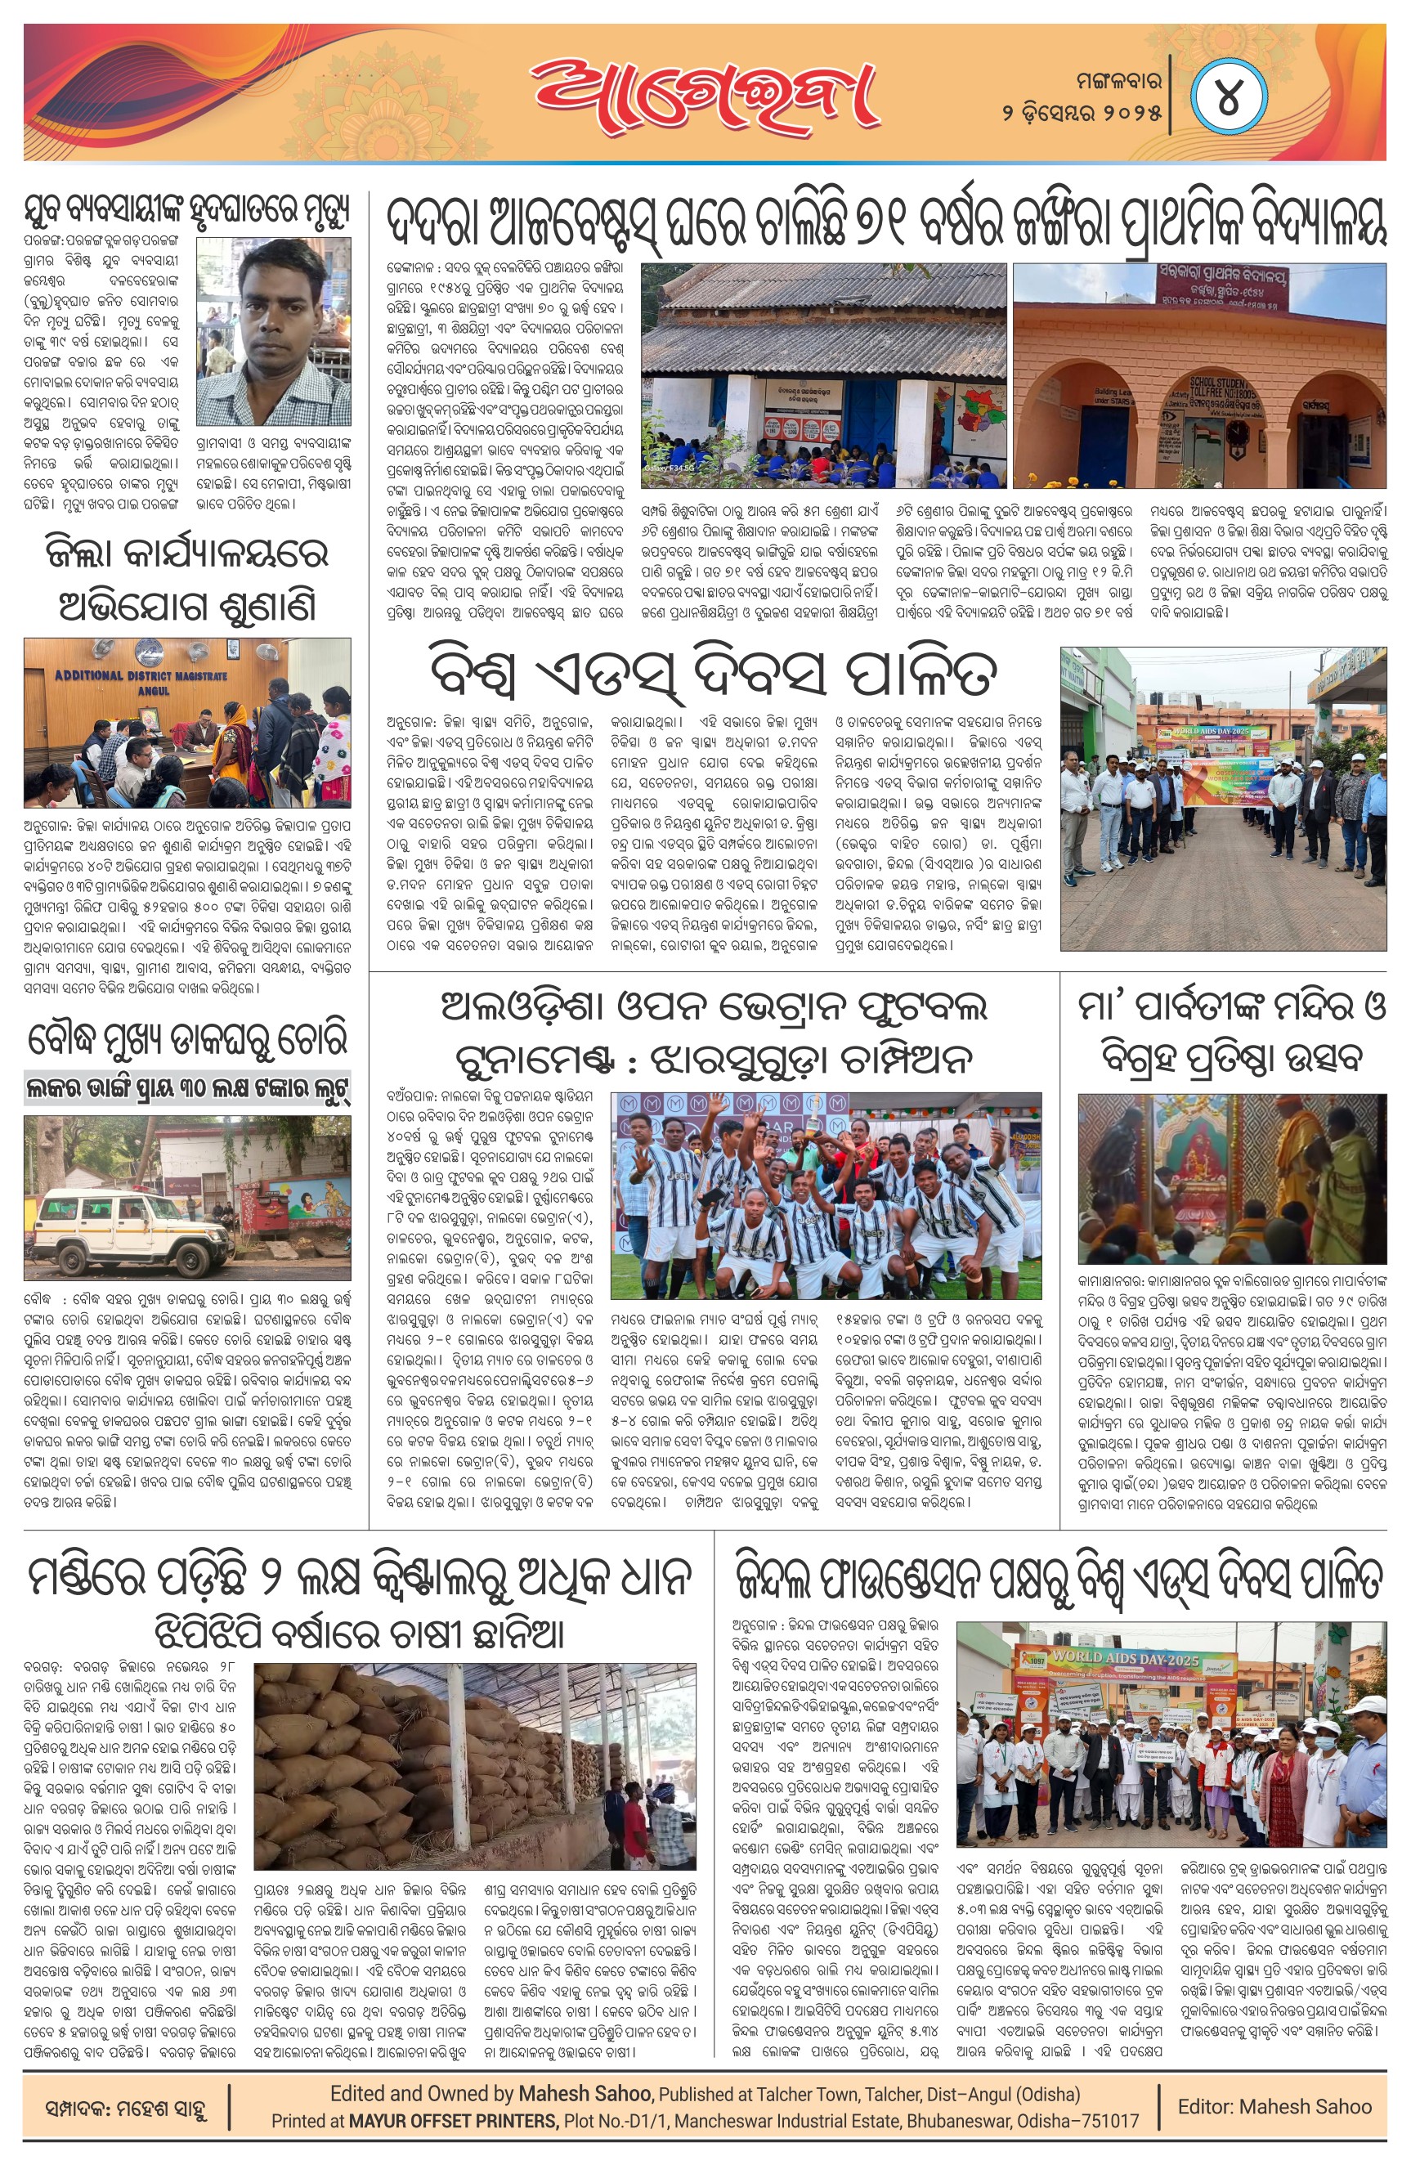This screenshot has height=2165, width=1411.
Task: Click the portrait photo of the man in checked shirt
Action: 274,331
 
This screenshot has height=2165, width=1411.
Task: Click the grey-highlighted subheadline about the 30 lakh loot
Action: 187,1089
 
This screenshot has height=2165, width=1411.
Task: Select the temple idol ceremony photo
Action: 1231,1178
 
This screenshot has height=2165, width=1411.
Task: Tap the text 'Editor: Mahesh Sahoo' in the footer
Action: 1274,2106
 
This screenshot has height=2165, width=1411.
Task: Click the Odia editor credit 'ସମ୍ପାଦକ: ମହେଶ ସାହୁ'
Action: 126,2108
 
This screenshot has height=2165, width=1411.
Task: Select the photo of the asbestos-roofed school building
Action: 823,374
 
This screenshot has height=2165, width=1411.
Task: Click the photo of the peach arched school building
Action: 1199,374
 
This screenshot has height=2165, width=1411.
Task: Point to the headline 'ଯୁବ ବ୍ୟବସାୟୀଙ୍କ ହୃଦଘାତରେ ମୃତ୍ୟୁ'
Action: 187,212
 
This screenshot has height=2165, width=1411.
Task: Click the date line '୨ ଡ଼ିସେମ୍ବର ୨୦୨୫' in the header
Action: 1081,113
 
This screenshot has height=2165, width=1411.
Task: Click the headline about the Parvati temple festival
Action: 1231,1032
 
